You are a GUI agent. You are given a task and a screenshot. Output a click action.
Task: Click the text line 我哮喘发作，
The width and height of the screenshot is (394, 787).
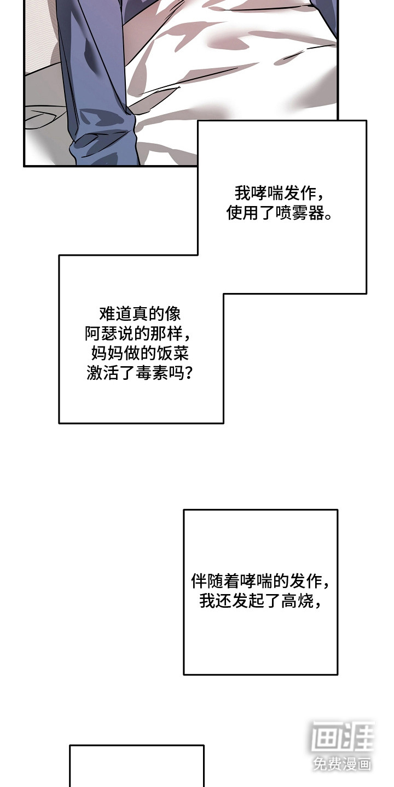coord(282,193)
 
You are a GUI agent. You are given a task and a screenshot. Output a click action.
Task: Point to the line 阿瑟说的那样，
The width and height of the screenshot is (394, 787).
coord(140,333)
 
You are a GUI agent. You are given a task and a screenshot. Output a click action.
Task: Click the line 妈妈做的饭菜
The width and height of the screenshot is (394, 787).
coord(140,353)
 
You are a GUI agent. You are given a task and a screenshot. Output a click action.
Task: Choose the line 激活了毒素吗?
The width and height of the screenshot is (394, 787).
coord(140,373)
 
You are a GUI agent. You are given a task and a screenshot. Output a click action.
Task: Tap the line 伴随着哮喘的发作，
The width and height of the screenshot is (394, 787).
coord(260,580)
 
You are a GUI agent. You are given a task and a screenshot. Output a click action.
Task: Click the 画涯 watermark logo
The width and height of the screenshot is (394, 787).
coord(343,737)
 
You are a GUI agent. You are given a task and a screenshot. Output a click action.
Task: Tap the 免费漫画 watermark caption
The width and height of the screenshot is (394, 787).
coord(343,763)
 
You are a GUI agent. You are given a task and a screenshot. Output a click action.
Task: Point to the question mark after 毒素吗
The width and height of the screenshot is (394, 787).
coord(189,374)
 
